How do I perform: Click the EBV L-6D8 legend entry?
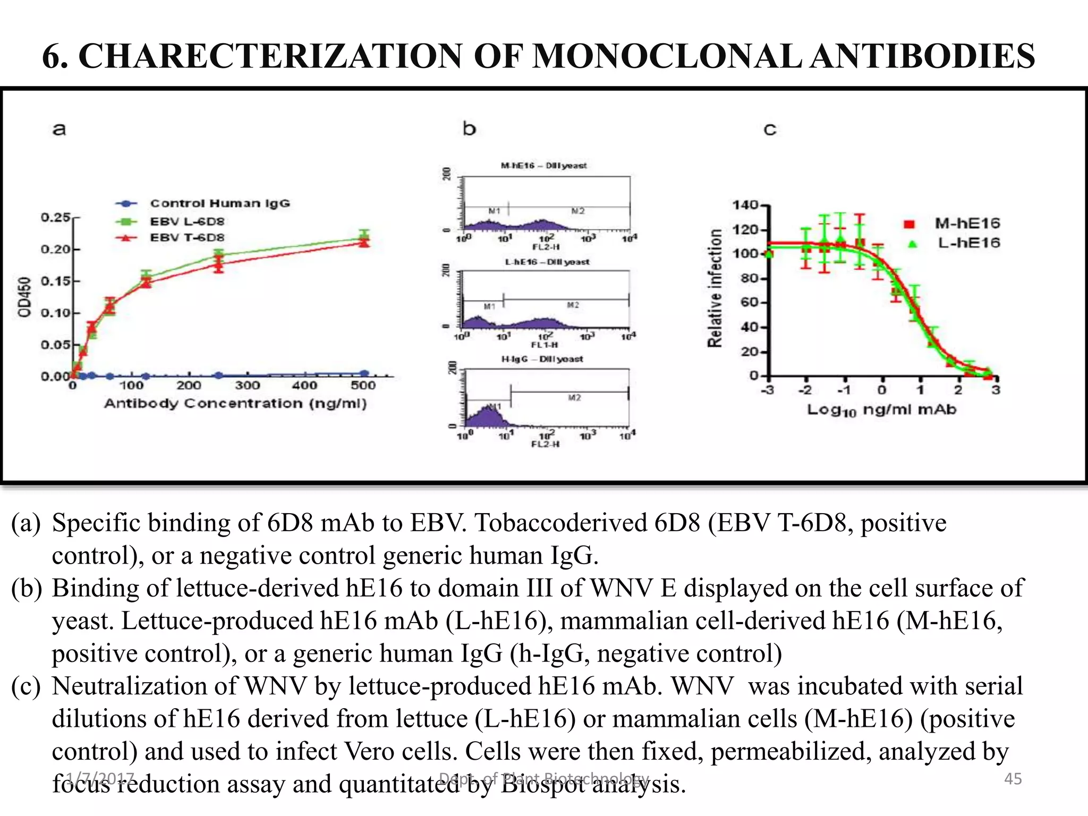click(x=187, y=221)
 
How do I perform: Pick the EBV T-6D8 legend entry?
click(x=187, y=237)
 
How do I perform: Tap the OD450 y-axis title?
click(x=24, y=297)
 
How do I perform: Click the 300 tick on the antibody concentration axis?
click(x=247, y=386)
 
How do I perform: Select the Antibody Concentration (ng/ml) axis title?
click(x=235, y=404)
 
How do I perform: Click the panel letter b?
click(x=469, y=129)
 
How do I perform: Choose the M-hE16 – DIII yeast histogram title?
click(x=544, y=166)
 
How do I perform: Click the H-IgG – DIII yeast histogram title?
click(x=542, y=359)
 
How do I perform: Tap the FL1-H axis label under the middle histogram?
click(x=545, y=345)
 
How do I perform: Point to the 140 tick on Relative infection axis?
click(x=745, y=205)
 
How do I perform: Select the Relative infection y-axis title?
click(x=715, y=288)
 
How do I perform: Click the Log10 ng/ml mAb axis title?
click(x=881, y=410)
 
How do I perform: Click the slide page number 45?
click(x=1013, y=779)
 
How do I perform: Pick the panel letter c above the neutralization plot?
click(x=770, y=129)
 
